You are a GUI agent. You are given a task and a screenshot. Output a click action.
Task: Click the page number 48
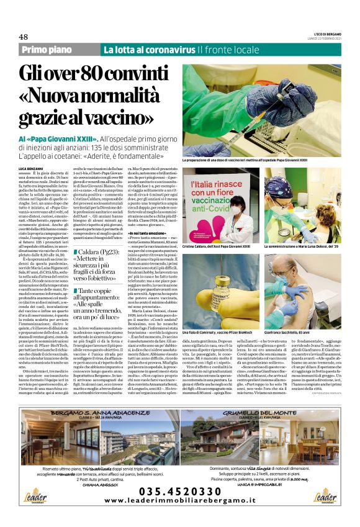24,37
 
